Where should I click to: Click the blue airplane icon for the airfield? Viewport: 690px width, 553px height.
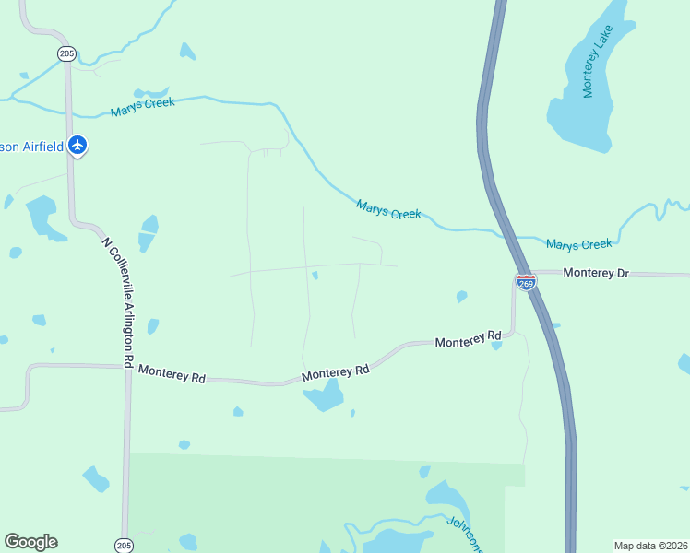77,145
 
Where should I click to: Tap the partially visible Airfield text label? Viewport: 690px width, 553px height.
31,146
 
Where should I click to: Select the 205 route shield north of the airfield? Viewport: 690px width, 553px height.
66,53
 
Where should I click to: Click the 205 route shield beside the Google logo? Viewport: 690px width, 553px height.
124,546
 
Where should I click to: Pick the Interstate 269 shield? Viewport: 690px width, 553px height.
526,282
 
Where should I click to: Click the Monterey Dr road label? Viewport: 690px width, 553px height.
595,273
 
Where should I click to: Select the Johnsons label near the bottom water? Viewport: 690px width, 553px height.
465,534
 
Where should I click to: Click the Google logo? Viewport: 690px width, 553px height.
30,542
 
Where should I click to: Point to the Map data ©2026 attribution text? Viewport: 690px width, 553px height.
650,545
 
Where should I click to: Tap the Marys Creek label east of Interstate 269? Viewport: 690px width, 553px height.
578,244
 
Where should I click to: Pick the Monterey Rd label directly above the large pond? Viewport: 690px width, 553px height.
335,372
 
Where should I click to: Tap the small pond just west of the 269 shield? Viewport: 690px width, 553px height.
461,297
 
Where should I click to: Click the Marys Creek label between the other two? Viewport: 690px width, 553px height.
388,210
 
